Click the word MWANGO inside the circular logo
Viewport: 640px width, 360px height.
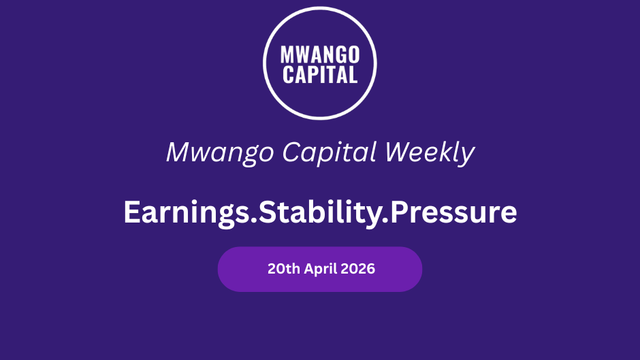[x=320, y=54]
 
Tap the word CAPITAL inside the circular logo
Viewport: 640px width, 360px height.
[x=320, y=75]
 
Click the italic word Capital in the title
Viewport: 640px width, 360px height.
[x=329, y=152]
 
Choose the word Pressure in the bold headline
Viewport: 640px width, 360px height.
[x=453, y=212]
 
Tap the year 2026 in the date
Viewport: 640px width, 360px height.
[x=357, y=269]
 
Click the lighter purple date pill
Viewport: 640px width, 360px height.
[x=320, y=269]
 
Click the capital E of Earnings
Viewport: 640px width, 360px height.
[x=132, y=212]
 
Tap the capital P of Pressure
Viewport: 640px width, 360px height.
[x=399, y=212]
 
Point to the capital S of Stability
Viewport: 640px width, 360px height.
[x=268, y=212]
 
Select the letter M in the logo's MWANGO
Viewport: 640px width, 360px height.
[x=287, y=54]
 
